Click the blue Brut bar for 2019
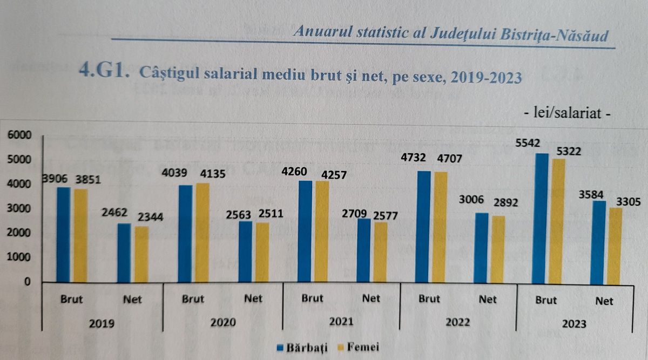tap(64, 235)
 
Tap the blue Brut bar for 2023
tap(541, 219)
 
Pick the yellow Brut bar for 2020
tap(202, 233)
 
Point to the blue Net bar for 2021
tap(363, 250)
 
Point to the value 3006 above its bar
tap(471, 199)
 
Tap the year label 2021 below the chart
tap(341, 322)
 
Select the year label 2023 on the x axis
tap(574, 325)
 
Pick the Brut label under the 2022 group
tap(430, 298)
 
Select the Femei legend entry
tap(356, 348)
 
